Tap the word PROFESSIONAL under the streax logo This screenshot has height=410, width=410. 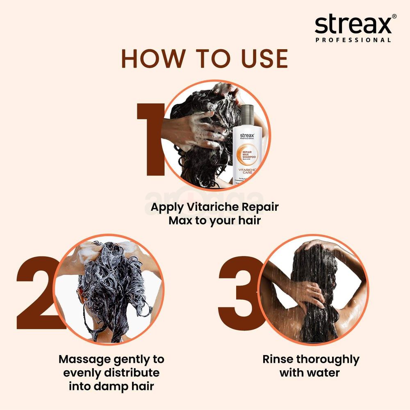(x=353, y=40)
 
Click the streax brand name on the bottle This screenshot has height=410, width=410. (x=247, y=135)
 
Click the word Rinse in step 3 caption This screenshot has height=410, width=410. (x=278, y=360)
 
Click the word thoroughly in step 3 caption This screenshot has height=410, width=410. (x=328, y=360)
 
